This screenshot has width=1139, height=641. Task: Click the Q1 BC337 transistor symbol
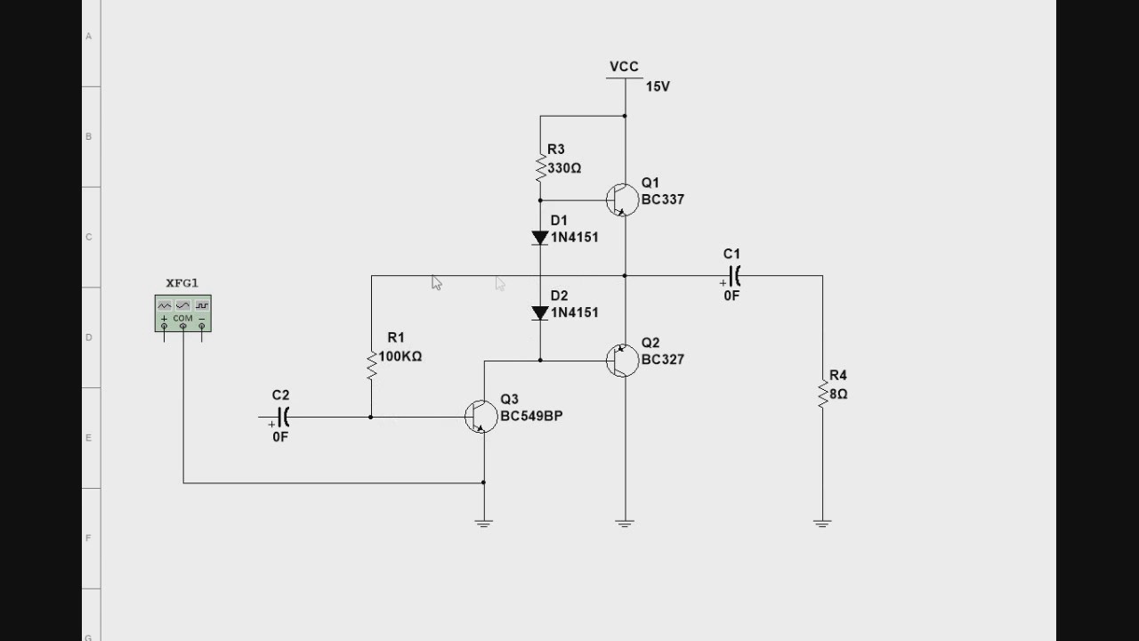click(622, 200)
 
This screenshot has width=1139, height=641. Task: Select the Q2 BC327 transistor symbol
click(622, 361)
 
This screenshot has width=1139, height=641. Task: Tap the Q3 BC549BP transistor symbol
click(481, 417)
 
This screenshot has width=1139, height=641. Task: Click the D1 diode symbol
click(540, 238)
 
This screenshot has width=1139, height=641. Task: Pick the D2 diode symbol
click(540, 312)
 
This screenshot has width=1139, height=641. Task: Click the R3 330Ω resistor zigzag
click(540, 166)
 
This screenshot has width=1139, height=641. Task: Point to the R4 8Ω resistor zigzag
click(822, 394)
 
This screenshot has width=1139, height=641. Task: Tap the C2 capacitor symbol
click(283, 417)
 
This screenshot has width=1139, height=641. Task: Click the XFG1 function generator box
click(182, 313)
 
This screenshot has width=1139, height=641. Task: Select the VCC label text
click(624, 67)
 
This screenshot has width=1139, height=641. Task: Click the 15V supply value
click(658, 86)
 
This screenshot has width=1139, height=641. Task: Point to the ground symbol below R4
click(822, 523)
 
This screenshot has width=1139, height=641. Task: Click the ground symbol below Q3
click(483, 523)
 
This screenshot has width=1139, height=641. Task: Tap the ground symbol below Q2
click(625, 523)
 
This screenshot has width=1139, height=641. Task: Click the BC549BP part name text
click(531, 416)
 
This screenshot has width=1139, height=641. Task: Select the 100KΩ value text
click(400, 356)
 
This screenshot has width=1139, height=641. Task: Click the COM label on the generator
click(182, 318)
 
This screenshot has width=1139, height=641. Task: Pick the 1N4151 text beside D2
click(575, 312)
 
